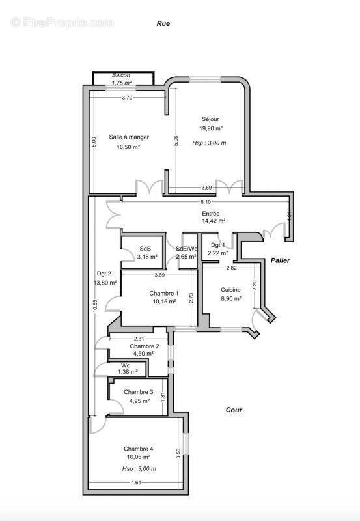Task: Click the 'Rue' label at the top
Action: (x=163, y=23)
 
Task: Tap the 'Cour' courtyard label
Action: (x=234, y=410)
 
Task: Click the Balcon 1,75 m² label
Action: (x=121, y=79)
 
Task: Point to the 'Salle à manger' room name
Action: (x=129, y=137)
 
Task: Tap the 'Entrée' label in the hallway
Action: (x=211, y=213)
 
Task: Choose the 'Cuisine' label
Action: (x=230, y=290)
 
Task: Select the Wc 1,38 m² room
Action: (x=128, y=368)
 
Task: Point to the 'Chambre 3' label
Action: (x=139, y=392)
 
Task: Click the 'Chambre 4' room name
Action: (x=139, y=449)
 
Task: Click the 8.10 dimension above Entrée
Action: (x=206, y=202)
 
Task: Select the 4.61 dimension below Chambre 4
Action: (x=135, y=482)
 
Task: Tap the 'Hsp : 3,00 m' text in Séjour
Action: (x=210, y=143)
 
